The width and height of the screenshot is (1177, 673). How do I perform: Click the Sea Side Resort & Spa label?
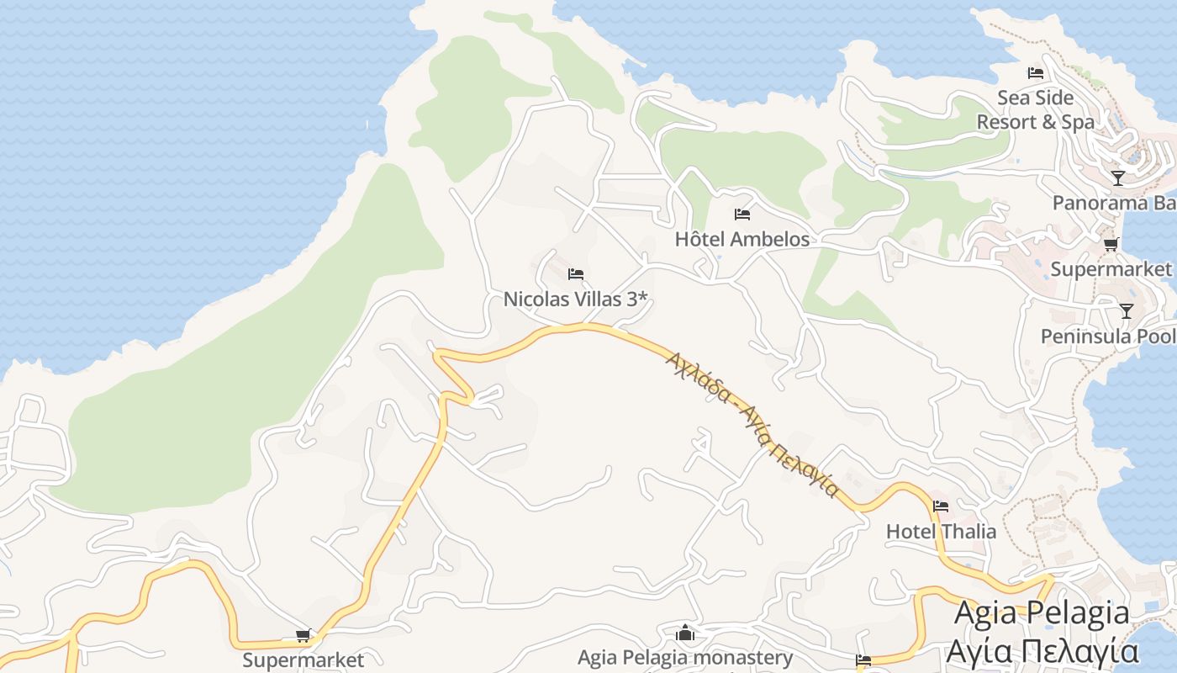[1036, 110]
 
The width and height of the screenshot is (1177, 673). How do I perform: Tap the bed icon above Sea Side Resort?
[1036, 73]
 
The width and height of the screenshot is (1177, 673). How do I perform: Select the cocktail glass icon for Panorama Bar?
[1117, 178]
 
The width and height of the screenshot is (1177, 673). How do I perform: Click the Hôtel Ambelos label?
[742, 239]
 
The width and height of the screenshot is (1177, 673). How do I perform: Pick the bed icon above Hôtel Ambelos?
[742, 215]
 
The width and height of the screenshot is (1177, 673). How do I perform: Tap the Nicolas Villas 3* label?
[576, 299]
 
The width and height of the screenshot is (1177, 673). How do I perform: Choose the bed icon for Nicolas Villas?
[576, 274]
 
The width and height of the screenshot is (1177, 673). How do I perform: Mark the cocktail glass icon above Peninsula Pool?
[1126, 311]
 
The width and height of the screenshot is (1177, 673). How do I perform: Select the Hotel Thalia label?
[941, 532]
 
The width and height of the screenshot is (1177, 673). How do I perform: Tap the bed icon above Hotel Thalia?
[941, 506]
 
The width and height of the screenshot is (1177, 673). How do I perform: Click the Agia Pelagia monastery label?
[685, 657]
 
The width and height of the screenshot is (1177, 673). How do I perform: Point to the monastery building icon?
[685, 633]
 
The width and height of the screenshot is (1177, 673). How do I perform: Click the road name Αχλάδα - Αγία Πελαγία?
[752, 425]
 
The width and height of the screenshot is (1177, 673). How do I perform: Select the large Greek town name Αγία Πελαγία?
[1042, 651]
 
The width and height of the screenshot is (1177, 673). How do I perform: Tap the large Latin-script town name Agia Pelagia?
[1042, 613]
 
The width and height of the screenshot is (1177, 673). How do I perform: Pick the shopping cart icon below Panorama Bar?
[1111, 245]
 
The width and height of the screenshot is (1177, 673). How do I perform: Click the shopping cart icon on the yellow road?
[303, 635]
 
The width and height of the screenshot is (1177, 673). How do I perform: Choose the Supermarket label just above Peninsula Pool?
[1111, 269]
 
